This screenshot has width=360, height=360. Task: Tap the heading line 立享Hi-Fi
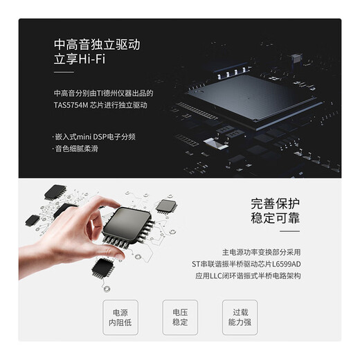tap(82, 60)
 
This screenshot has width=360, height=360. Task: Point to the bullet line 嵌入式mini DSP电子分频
tap(97, 136)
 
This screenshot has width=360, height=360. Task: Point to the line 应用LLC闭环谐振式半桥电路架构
tap(262, 276)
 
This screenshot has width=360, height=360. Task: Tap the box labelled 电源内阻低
tap(125, 318)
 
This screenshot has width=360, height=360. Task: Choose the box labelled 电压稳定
tap(180, 318)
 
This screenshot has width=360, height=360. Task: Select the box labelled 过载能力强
tap(240, 318)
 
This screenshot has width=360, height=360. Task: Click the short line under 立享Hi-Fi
tap(63, 73)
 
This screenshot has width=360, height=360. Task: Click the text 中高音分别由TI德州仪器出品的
tap(102, 93)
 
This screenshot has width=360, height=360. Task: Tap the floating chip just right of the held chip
tap(165, 205)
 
